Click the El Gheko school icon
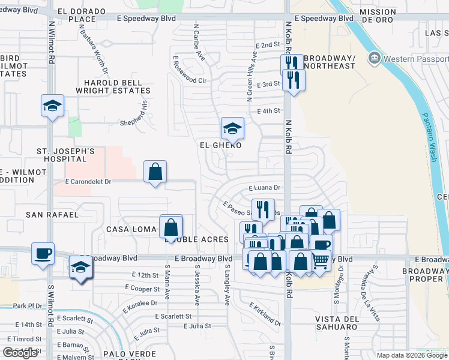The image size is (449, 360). (x=232, y=128)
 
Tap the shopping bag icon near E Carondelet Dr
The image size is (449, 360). (x=155, y=172)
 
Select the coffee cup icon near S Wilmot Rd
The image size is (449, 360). (x=43, y=253)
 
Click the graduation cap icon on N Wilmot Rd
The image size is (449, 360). (x=52, y=106)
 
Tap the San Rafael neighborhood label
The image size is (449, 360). (x=52, y=214)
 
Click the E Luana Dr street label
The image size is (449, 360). (x=264, y=187)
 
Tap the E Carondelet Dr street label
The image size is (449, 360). (x=89, y=181)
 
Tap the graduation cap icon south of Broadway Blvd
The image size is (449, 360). (x=80, y=267)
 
